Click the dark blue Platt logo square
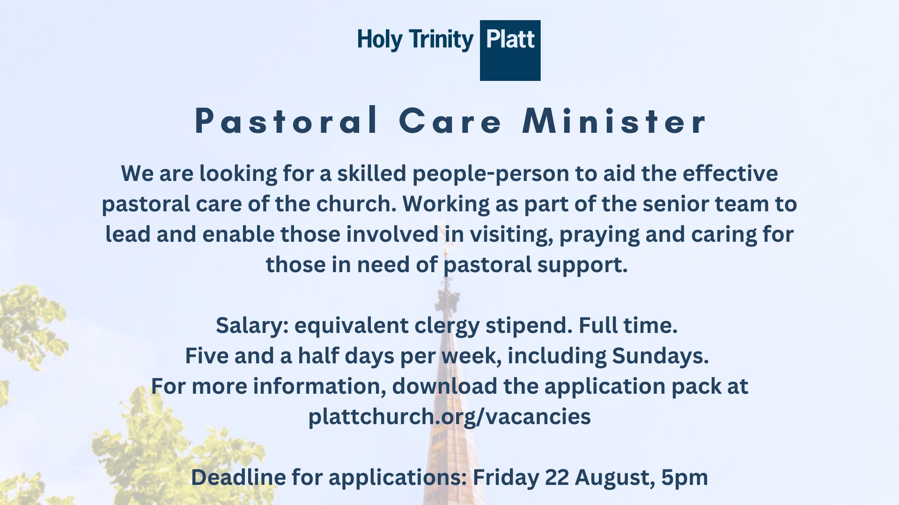click(x=510, y=50)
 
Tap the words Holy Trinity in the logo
click(x=415, y=40)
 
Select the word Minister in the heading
click(x=614, y=121)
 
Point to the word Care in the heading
click(x=450, y=121)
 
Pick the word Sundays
click(x=661, y=356)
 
